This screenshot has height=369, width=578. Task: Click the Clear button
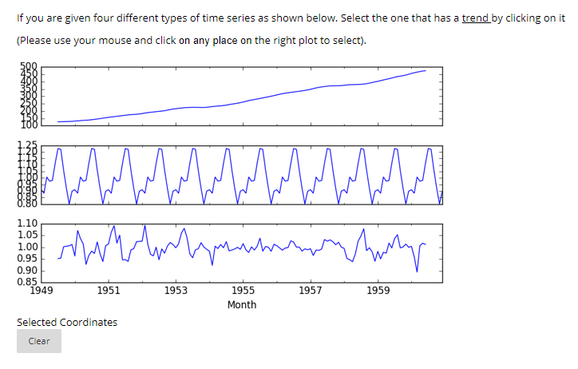coord(39,341)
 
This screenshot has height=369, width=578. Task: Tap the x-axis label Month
coord(242,304)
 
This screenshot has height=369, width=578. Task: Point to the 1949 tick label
coord(42,291)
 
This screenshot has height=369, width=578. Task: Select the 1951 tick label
coord(109,291)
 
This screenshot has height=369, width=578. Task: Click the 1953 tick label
coord(176,291)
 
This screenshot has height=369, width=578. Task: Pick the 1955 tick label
coord(243,291)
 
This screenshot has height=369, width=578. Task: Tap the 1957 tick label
coord(311,291)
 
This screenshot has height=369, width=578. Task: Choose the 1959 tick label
coord(378,291)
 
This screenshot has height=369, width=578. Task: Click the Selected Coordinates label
coord(67,322)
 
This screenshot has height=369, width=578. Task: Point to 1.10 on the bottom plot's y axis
coord(27,224)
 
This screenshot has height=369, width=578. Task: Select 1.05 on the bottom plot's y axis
coord(27,235)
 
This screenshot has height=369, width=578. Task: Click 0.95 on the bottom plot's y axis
coord(27,258)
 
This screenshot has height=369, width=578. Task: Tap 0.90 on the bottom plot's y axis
coord(27,269)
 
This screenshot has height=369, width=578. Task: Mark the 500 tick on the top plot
coord(29,66)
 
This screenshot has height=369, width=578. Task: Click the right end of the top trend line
coord(426,70)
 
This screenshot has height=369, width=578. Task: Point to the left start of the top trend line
coord(58,121)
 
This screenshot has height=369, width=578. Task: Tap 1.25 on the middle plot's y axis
coord(27,144)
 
